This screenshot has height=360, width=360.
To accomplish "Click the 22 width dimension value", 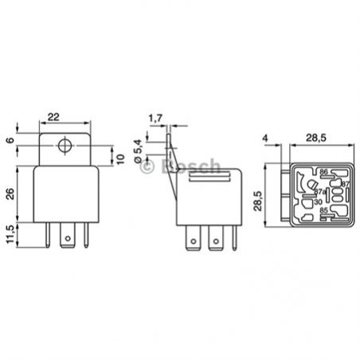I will [x=53, y=118].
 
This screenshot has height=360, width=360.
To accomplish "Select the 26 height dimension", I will [x=10, y=193].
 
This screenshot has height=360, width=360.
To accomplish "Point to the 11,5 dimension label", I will [x=10, y=237].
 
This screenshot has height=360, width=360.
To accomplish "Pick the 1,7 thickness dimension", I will [x=156, y=119].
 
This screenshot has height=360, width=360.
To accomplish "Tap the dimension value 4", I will [x=264, y=138].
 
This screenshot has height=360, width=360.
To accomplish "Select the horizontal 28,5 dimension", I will [x=316, y=138].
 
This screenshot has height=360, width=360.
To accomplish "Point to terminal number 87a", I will [x=319, y=192].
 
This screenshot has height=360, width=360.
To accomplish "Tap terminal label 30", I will [x=319, y=202].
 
